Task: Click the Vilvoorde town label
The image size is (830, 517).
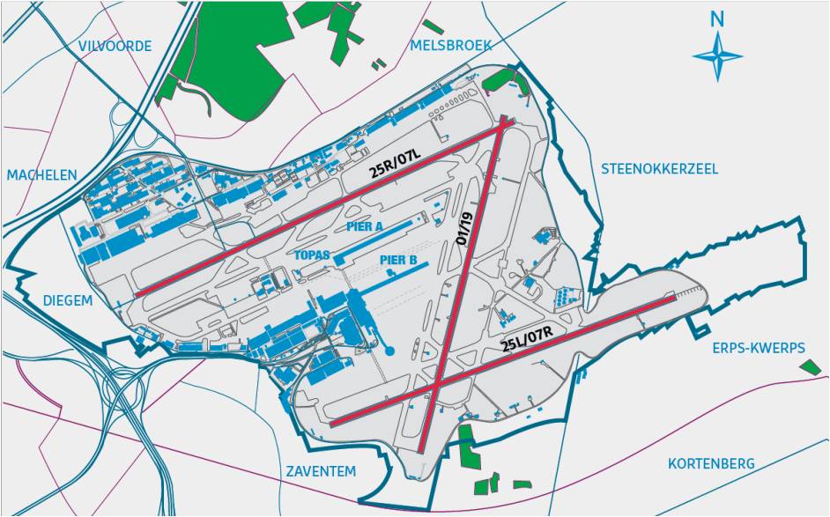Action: click(115, 47)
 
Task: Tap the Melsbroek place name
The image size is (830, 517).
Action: click(451, 46)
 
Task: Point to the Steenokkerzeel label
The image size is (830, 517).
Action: click(659, 168)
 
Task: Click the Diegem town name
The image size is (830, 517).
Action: click(68, 301)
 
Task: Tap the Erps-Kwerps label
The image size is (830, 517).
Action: click(759, 348)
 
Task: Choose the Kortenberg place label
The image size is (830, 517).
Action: click(710, 463)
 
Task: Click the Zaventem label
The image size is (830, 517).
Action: click(321, 471)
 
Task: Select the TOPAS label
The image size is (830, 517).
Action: click(312, 255)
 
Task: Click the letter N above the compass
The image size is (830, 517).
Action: click(718, 18)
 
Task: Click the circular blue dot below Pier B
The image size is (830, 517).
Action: click(389, 352)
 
